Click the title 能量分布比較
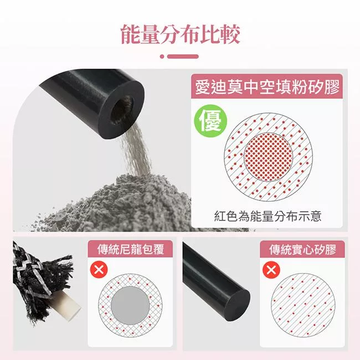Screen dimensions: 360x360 tap(181, 34)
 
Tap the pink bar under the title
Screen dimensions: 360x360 tap(183, 56)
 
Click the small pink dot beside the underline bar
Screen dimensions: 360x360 tap(162, 56)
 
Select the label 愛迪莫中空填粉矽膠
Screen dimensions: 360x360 tap(267, 87)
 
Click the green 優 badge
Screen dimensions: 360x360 tap(210, 121)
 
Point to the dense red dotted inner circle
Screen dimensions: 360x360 tap(268, 157)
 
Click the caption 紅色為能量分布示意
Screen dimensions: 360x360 tap(268, 216)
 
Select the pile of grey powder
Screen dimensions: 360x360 tap(120, 203)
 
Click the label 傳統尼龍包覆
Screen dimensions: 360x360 tap(130, 249)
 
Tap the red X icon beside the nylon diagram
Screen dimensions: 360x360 tap(99, 269)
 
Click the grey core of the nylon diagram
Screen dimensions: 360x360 tap(130, 305)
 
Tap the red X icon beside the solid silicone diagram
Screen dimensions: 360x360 tap(271, 270)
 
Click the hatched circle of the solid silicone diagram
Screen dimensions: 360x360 tap(303, 305)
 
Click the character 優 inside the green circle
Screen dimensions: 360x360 tap(210, 121)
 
